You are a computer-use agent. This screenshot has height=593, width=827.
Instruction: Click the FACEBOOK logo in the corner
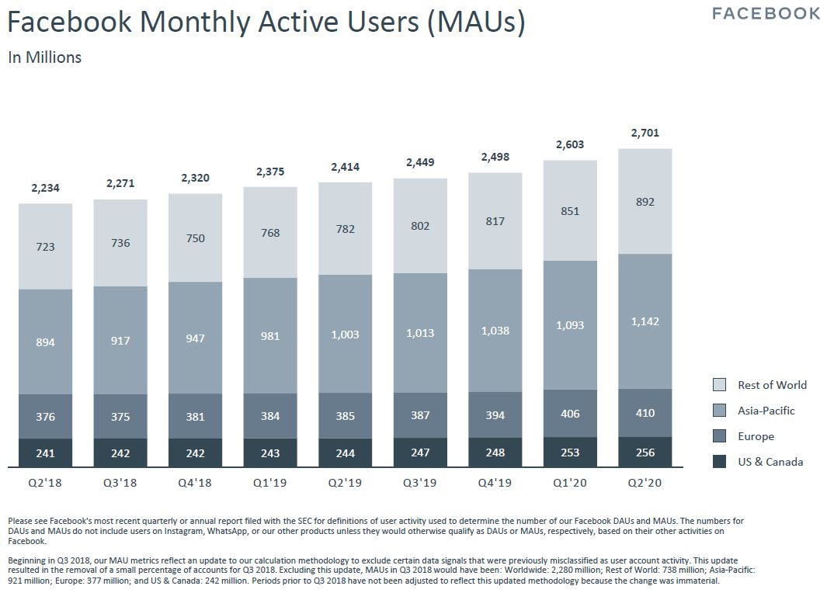[x=766, y=13]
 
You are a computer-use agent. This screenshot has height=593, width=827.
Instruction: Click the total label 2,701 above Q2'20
[x=645, y=133]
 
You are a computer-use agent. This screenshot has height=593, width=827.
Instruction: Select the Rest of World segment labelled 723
[x=46, y=247]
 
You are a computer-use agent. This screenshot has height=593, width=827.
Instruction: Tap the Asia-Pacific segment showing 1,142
[x=645, y=321]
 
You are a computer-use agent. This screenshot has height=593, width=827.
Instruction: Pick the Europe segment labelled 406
[x=570, y=414]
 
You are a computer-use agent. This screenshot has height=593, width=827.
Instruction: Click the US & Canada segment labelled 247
[x=420, y=453]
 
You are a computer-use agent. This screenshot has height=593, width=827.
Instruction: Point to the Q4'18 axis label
[x=195, y=482]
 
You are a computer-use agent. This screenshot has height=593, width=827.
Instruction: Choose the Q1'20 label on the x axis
[x=570, y=482]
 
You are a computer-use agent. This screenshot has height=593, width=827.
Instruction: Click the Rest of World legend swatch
[x=720, y=385]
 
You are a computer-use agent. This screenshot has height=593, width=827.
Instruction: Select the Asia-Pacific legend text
[x=766, y=411]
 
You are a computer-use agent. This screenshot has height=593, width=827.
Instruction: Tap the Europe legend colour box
[x=720, y=436]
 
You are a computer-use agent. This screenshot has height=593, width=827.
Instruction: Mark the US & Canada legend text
[x=770, y=462]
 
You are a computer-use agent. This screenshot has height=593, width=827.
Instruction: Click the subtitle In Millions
[x=44, y=57]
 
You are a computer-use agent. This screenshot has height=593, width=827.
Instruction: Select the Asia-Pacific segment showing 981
[x=270, y=336]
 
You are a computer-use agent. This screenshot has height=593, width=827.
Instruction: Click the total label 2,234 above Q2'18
[x=46, y=188]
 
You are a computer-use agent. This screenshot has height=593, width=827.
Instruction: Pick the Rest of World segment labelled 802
[x=420, y=226]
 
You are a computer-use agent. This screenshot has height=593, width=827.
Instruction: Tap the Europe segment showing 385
[x=346, y=416]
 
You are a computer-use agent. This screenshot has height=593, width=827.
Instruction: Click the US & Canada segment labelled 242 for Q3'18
[x=120, y=453]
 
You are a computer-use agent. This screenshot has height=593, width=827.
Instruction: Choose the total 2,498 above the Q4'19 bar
[x=495, y=157]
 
